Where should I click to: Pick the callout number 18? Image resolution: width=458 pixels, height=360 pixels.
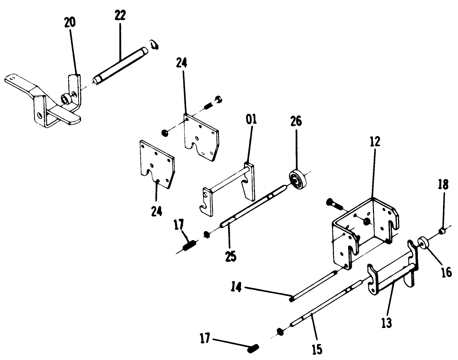[x=443, y=185]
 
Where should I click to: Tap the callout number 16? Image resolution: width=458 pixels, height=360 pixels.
[x=446, y=272]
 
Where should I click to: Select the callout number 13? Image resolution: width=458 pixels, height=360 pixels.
[x=386, y=324]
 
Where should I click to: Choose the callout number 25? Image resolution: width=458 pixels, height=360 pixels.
[x=231, y=256]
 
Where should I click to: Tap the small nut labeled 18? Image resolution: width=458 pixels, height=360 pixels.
[x=443, y=231]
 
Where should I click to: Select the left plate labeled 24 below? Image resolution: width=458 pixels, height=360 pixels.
[x=156, y=164]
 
